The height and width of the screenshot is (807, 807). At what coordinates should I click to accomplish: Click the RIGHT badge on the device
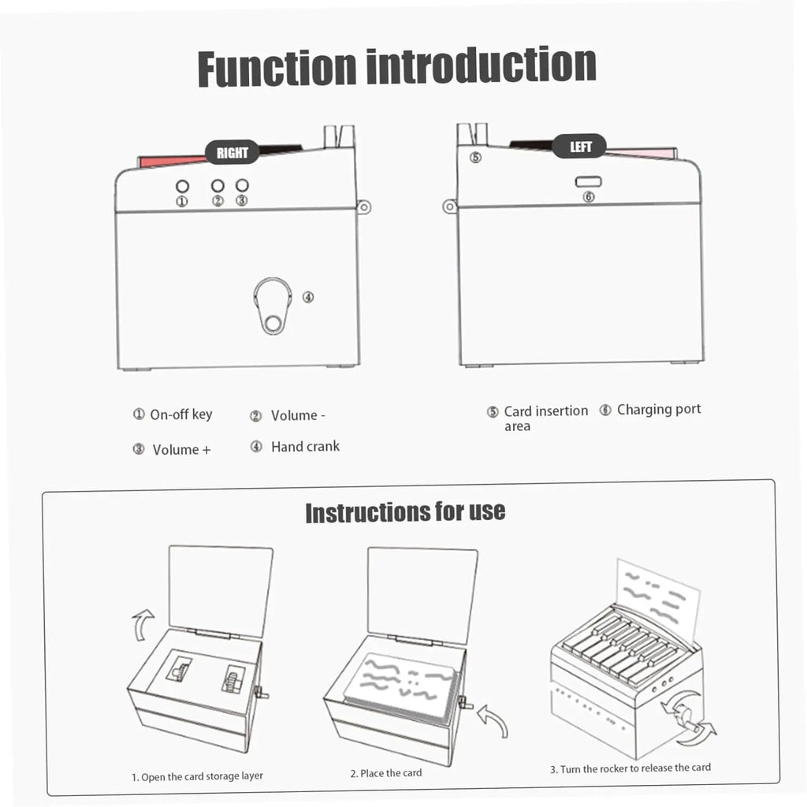[232, 152]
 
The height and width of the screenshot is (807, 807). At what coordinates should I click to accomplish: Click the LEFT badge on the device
[579, 147]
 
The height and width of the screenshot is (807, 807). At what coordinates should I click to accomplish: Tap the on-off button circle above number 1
[182, 186]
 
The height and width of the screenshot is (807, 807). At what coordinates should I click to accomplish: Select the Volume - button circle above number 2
[218, 185]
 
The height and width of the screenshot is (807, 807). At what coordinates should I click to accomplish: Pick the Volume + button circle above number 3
[242, 184]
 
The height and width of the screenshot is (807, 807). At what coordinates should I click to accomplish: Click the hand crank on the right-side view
[272, 307]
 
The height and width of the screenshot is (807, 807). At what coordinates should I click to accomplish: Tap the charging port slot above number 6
[588, 182]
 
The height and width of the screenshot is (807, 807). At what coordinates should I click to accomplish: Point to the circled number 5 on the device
[475, 158]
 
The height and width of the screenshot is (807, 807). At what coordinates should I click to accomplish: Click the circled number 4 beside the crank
[308, 297]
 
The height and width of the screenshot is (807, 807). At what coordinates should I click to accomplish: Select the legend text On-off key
[181, 415]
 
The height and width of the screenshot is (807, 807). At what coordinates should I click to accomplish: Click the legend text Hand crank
[305, 446]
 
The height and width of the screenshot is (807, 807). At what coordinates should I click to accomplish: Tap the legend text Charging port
[659, 409]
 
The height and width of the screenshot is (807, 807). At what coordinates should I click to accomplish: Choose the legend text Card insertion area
[545, 418]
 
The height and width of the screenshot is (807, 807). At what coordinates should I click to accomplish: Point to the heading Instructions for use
[405, 512]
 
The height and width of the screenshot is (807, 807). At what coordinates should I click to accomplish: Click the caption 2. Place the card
[386, 773]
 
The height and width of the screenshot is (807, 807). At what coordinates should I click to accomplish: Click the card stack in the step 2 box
[400, 686]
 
